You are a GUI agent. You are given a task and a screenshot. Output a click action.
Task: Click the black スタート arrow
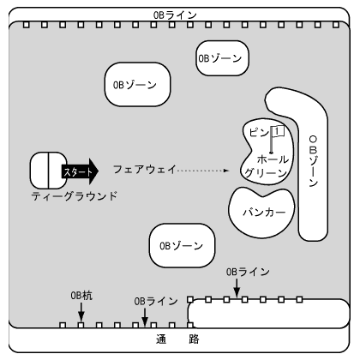click(80, 171)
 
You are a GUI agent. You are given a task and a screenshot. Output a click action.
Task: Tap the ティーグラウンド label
click(75, 196)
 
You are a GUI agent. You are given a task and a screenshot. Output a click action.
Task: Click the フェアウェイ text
click(144, 170)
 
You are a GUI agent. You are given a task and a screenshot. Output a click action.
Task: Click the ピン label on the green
click(259, 132)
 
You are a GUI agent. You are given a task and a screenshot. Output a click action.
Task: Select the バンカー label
click(264, 212)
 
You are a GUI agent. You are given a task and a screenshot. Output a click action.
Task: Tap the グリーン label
click(266, 173)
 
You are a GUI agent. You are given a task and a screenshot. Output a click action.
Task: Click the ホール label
click(273, 159)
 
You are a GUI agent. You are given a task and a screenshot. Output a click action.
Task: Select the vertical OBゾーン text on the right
click(314, 161)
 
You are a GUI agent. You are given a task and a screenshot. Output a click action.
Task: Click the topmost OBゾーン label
click(220, 58)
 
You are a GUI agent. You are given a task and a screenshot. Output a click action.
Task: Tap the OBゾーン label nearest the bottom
click(182, 246)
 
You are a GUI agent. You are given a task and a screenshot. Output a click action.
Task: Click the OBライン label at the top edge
click(175, 15)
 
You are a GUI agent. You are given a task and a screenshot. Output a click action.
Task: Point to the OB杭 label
click(81, 296)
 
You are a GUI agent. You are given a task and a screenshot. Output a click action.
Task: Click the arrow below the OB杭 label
click(81, 312)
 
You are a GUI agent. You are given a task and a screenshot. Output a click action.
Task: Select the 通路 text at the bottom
click(177, 339)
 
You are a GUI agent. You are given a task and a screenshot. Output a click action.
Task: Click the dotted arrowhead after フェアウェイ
click(226, 171)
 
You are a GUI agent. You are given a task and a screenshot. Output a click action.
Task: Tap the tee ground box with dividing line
click(49, 171)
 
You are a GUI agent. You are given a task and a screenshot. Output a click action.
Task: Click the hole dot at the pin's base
click(271, 153)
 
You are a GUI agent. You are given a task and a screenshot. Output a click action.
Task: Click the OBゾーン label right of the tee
click(135, 85)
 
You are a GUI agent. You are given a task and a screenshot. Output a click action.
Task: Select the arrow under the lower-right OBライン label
click(237, 288)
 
